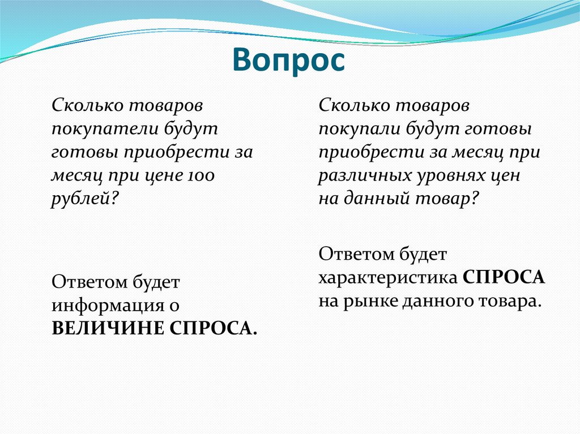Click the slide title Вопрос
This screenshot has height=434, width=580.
tap(289, 59)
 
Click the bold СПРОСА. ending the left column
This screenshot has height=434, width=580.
tap(213, 328)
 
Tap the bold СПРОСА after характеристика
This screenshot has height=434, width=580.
tap(504, 278)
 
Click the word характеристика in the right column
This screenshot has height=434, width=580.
tap(388, 278)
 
